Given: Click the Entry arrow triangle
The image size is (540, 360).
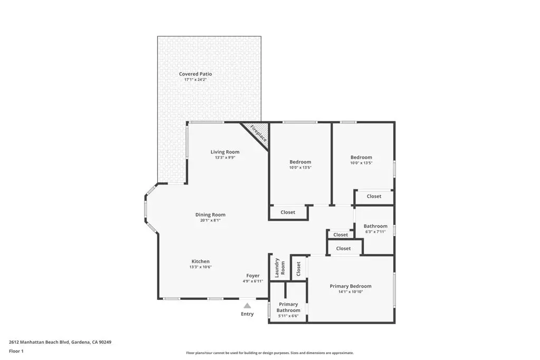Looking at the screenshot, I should [x=247, y=305].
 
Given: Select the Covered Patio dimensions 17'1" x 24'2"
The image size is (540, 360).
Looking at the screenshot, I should [x=195, y=80].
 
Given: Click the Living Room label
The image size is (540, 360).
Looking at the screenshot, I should [x=225, y=152].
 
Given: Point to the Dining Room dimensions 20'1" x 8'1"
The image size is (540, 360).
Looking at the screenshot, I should [x=210, y=220].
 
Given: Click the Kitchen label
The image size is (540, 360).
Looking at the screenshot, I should [x=200, y=261].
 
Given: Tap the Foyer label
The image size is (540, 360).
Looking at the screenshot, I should [x=253, y=276].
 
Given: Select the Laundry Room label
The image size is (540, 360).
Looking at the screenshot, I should [x=279, y=268].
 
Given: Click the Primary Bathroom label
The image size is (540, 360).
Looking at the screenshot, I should [x=288, y=307].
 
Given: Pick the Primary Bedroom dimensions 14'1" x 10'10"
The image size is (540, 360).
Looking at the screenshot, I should [x=351, y=291].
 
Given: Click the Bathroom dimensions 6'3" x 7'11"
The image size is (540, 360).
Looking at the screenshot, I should [x=375, y=231].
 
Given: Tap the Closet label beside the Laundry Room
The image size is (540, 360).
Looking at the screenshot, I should [x=298, y=269].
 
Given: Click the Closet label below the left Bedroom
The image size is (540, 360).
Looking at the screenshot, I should [x=288, y=212].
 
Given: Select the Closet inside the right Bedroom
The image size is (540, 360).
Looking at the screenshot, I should [x=374, y=196].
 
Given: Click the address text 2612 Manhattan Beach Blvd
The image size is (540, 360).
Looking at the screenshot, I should [x=60, y=342].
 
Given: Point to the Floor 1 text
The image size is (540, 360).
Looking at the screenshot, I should [x=16, y=351].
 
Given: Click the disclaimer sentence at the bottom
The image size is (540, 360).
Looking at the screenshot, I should [x=269, y=353].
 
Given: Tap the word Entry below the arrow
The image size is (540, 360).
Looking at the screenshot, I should [x=247, y=314].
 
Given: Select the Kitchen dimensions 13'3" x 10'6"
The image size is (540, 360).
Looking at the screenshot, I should [x=200, y=267].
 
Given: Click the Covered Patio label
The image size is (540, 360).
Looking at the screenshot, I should [x=195, y=74].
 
